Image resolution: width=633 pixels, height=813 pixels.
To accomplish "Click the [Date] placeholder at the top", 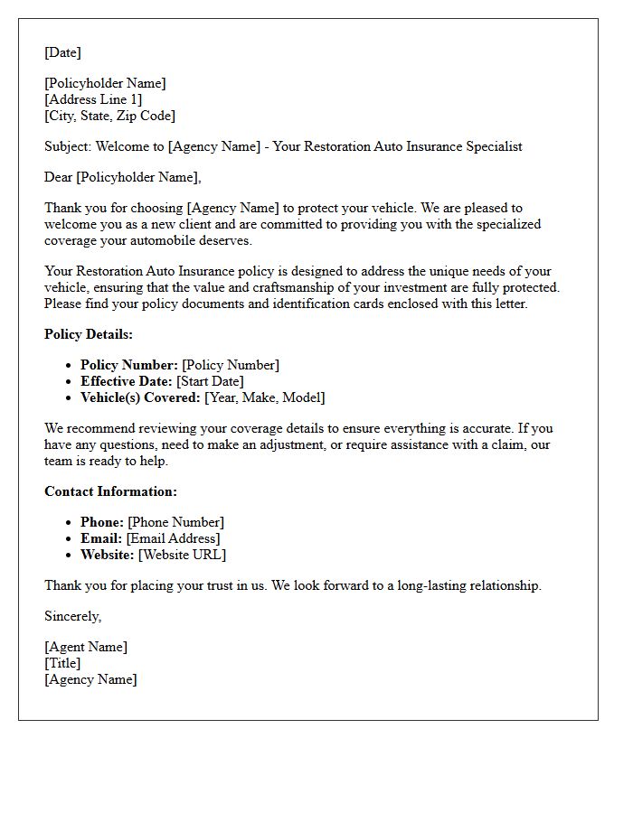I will pos(62,52).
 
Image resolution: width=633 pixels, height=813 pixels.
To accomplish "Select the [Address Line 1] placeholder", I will pos(93,99).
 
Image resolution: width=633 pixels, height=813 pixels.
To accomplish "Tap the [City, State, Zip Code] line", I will pos(109,116).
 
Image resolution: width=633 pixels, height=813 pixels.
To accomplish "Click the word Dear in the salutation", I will pos(59,177).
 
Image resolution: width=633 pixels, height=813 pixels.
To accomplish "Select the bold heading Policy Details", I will pos(89,334).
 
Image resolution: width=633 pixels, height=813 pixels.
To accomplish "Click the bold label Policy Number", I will pos(128,365).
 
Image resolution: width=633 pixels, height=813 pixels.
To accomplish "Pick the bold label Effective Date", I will pos(126,381).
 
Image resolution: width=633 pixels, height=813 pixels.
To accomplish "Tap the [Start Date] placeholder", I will pos(210,381).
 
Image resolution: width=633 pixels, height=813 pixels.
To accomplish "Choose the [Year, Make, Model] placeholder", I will pos(265,397).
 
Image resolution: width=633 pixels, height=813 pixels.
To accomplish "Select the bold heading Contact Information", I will pos(110,491).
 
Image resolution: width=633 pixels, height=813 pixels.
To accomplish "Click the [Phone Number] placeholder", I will pos(175,522).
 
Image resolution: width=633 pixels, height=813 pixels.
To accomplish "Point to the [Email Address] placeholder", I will pos(173,538).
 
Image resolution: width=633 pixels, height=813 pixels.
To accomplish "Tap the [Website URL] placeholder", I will pos(182,555).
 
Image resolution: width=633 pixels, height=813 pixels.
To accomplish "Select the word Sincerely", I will pos(73,616).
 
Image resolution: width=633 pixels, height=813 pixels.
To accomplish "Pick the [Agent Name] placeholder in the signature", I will pos(86,647).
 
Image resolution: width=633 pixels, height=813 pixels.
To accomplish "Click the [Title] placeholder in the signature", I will pos(62,663).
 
